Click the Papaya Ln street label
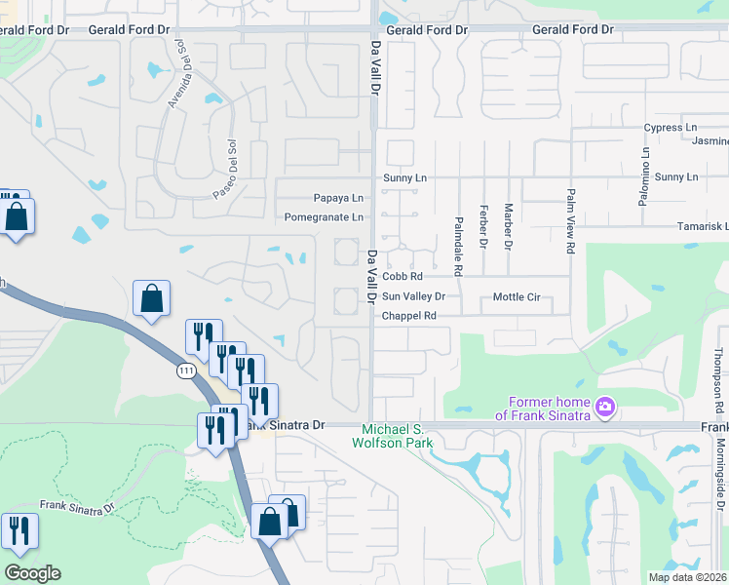click(x=337, y=197)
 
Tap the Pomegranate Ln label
click(x=324, y=217)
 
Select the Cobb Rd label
click(x=401, y=278)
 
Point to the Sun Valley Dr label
click(x=413, y=296)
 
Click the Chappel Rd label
click(x=408, y=316)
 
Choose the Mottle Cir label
click(x=517, y=296)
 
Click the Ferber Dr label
click(x=483, y=227)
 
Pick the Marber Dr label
click(x=508, y=227)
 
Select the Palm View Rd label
click(x=571, y=221)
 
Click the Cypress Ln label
click(x=671, y=128)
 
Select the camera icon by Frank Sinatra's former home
click(x=605, y=406)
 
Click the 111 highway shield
click(x=186, y=371)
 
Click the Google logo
click(x=32, y=573)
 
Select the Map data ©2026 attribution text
click(x=687, y=577)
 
